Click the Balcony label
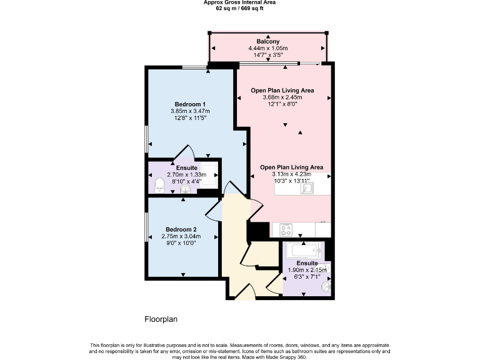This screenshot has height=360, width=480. [x=267, y=41]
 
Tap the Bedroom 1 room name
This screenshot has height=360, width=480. [x=190, y=104]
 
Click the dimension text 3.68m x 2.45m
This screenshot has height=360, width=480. [x=282, y=97]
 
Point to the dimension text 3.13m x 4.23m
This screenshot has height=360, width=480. [x=291, y=174]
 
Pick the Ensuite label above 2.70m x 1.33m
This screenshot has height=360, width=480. [x=186, y=168]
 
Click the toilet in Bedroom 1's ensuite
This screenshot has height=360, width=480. [x=159, y=184]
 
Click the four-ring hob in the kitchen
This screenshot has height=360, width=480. [x=286, y=229]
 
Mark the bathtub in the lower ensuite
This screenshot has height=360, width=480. [x=304, y=251]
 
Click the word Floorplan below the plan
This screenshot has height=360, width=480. [x=161, y=319]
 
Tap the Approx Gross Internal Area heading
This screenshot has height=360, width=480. [x=239, y=3]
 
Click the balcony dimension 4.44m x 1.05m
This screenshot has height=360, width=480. [x=267, y=48]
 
